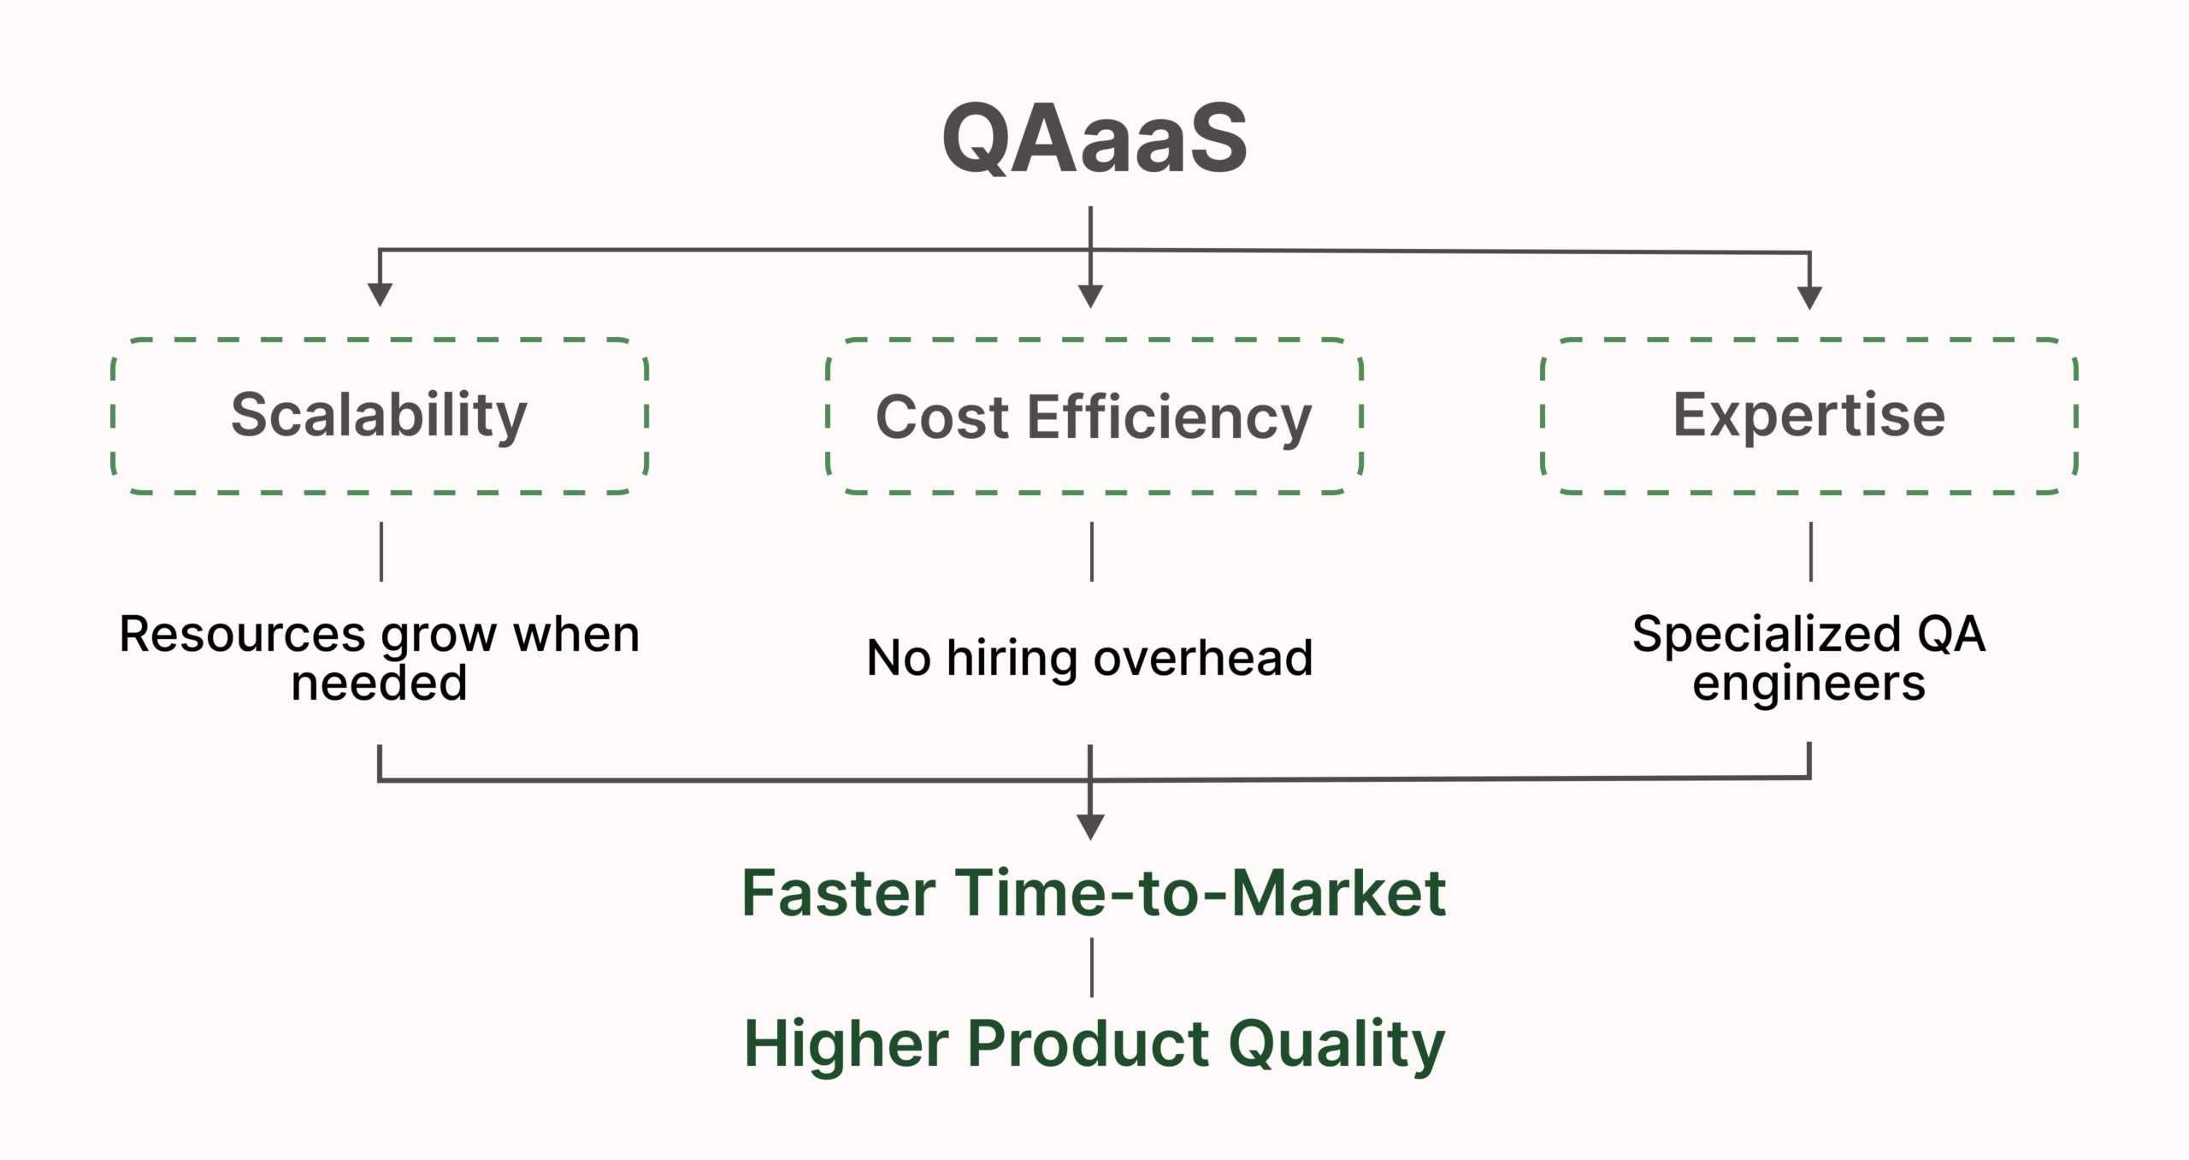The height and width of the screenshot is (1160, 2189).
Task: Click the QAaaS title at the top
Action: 1094,138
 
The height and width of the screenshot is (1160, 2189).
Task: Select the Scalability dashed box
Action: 379,416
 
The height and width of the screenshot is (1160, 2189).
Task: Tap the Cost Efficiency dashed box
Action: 1094,417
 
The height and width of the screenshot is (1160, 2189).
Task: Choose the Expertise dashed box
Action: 1808,416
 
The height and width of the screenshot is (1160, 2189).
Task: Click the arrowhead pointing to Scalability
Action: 380,294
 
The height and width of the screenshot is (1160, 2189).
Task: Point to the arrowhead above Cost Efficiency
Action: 1090,296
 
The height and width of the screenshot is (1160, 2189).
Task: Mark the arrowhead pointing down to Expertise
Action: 1809,298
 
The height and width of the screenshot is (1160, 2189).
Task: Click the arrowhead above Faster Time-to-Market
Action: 1090,826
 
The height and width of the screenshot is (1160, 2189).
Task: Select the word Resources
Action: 242,635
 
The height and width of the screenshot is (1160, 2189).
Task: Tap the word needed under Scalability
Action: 379,683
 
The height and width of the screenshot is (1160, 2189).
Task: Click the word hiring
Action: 1012,659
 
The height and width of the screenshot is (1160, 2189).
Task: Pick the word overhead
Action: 1202,658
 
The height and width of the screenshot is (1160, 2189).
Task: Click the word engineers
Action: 1808,684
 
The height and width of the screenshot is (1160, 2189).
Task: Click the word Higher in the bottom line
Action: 846,1044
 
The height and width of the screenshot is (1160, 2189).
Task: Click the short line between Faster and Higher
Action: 1092,967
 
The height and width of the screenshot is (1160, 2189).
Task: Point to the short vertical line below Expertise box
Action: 1811,552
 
